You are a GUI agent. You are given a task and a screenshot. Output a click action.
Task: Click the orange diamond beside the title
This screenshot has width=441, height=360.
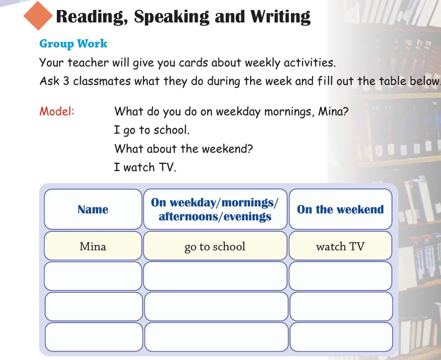(38, 16)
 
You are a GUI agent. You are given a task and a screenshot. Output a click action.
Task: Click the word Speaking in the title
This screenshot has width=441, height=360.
(171, 17)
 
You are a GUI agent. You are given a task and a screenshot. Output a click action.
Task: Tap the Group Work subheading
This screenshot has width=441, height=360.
(73, 44)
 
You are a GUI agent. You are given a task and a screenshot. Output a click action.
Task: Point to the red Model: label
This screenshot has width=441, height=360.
(57, 111)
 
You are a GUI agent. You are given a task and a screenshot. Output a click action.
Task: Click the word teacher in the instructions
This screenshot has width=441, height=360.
(88, 62)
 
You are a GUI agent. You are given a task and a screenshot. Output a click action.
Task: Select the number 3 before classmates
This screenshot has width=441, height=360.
(66, 81)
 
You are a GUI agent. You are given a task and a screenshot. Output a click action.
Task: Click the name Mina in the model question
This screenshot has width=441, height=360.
(333, 112)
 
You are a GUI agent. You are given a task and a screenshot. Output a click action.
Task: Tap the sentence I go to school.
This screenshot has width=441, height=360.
(152, 130)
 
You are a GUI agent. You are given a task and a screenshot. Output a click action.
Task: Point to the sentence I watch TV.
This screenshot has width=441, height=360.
(145, 167)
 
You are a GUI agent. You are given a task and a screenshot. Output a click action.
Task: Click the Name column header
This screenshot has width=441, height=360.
(93, 209)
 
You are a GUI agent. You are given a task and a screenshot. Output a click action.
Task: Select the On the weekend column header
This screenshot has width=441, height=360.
(341, 209)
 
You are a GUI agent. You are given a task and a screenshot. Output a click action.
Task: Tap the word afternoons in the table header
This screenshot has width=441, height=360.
(186, 216)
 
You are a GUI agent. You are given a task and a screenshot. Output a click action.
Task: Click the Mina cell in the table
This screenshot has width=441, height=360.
(93, 246)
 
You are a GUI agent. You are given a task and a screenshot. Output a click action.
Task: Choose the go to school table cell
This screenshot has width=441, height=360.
(215, 246)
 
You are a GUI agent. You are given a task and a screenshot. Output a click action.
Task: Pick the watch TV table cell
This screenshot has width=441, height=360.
(341, 246)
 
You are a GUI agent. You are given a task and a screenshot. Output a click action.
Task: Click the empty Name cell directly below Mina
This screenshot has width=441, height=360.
(93, 276)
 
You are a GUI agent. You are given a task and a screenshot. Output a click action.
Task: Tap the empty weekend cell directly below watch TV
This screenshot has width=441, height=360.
(341, 276)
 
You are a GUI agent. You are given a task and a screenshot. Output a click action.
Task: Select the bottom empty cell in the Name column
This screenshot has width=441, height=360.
(94, 337)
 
